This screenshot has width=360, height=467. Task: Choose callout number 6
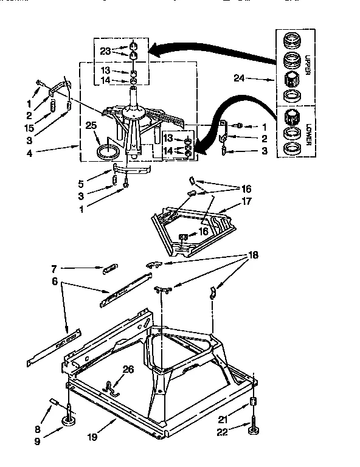tap(55, 282)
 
